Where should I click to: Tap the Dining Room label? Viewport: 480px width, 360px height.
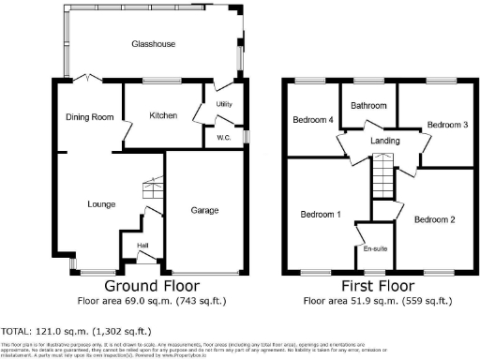[89, 116]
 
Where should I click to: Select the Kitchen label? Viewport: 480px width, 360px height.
[164, 115]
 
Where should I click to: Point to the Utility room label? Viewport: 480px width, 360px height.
[223, 104]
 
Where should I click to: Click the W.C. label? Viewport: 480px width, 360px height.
[223, 138]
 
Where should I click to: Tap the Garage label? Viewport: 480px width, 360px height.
[205, 210]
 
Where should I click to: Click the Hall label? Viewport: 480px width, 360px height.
[142, 246]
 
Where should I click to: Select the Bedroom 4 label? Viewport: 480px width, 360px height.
[312, 120]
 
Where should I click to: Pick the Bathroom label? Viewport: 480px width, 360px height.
[368, 106]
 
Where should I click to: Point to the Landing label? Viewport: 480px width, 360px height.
[385, 142]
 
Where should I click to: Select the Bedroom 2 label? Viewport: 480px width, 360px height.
[434, 219]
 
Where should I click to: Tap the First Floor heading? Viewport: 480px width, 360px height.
[380, 285]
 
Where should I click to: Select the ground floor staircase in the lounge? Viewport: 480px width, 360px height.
[151, 193]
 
